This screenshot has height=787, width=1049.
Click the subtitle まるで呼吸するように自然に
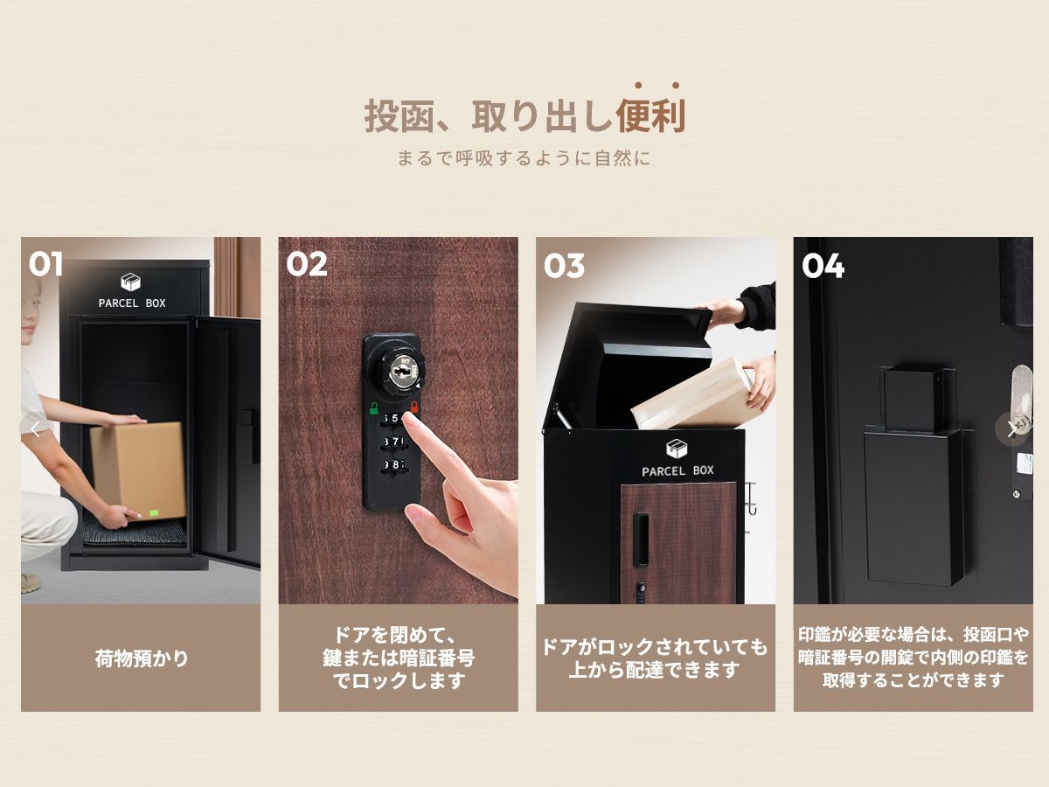tap(524, 159)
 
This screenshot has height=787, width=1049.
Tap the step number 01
tap(46, 264)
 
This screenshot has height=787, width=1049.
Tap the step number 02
tap(306, 264)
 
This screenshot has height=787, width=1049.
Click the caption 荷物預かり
tap(141, 658)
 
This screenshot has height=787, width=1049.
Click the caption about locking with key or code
tap(399, 658)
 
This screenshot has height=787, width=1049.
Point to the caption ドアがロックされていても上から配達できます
tap(656, 658)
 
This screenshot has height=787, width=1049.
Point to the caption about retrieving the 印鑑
tap(913, 658)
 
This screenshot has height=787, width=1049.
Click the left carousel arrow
tap(36, 428)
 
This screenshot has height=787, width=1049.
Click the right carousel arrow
tap(1011, 428)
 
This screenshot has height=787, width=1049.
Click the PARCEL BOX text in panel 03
tap(677, 470)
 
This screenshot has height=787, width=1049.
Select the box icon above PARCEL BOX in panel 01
tap(131, 282)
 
